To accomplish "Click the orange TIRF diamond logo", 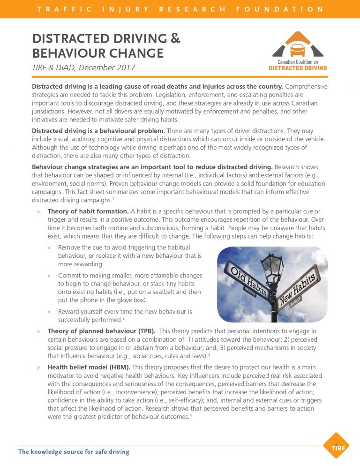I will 337,445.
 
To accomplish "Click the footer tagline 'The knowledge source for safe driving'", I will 74,452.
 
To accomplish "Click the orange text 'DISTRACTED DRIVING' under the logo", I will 298,68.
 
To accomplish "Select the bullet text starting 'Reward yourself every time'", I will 125,311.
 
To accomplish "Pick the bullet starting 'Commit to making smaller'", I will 130,275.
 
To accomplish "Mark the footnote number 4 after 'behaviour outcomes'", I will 191,415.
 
